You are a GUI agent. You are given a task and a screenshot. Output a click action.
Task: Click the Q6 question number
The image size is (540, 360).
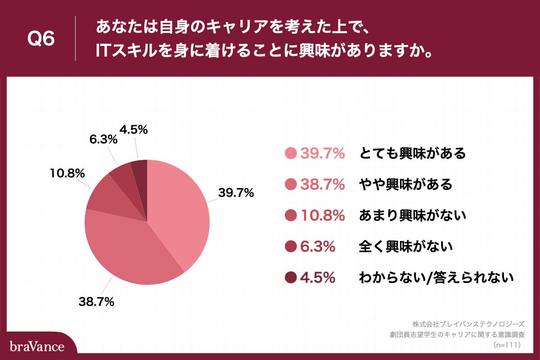(x=41, y=39)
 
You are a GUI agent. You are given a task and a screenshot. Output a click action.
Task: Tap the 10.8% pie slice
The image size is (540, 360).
(x=112, y=202)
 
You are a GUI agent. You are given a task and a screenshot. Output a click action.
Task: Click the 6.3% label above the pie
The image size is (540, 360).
(x=103, y=139)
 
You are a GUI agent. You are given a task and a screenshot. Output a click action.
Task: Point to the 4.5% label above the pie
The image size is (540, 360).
(x=134, y=130)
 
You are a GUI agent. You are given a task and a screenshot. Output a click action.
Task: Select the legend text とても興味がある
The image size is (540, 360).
(x=412, y=153)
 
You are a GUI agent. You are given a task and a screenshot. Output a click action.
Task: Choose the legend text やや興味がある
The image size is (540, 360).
(x=405, y=184)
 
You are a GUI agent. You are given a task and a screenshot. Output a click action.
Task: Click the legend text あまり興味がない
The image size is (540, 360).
(x=412, y=216)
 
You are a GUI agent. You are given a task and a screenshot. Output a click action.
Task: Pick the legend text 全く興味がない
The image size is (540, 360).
(x=405, y=247)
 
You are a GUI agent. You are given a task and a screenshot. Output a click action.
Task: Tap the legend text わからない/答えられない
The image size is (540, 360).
(x=436, y=278)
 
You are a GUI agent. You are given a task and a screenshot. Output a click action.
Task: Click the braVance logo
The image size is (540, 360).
(x=37, y=346)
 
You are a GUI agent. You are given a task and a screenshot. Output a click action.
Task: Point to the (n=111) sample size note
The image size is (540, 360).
(x=507, y=345)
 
